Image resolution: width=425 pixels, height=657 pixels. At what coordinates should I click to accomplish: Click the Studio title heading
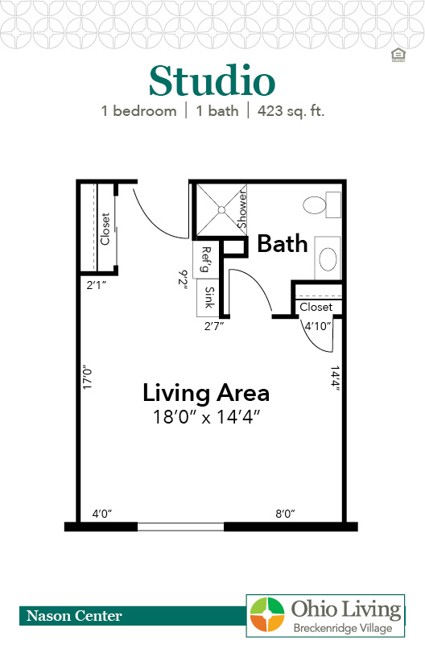(212, 81)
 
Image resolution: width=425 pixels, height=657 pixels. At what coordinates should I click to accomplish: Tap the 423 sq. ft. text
(291, 111)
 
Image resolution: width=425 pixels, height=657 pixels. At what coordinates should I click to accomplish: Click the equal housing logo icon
(398, 55)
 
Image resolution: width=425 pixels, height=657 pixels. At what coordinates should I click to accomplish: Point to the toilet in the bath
(322, 205)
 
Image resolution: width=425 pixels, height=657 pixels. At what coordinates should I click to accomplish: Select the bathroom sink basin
(328, 258)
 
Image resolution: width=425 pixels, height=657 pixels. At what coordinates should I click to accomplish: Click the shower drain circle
(221, 210)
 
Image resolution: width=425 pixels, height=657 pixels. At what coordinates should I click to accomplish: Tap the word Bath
(283, 244)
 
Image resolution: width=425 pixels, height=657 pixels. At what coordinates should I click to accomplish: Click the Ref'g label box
(205, 259)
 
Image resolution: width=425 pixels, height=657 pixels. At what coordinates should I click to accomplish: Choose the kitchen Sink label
(209, 297)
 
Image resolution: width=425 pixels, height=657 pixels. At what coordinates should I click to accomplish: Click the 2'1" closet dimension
(97, 285)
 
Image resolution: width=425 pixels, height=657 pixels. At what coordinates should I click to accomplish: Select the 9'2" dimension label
(183, 278)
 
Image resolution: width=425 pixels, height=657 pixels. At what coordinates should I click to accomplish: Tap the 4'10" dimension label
(318, 326)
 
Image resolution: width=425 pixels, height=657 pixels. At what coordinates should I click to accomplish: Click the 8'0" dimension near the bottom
(285, 514)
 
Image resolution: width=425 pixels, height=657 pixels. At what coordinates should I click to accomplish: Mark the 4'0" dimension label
(101, 514)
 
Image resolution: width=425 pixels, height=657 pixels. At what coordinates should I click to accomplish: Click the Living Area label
(206, 393)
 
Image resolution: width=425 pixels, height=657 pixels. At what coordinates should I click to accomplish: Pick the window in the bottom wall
(180, 527)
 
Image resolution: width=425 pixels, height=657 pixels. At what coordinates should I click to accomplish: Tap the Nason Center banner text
(74, 615)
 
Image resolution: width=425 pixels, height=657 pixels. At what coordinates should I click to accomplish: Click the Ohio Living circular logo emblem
(267, 614)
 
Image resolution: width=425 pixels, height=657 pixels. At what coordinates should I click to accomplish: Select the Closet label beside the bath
(316, 307)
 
